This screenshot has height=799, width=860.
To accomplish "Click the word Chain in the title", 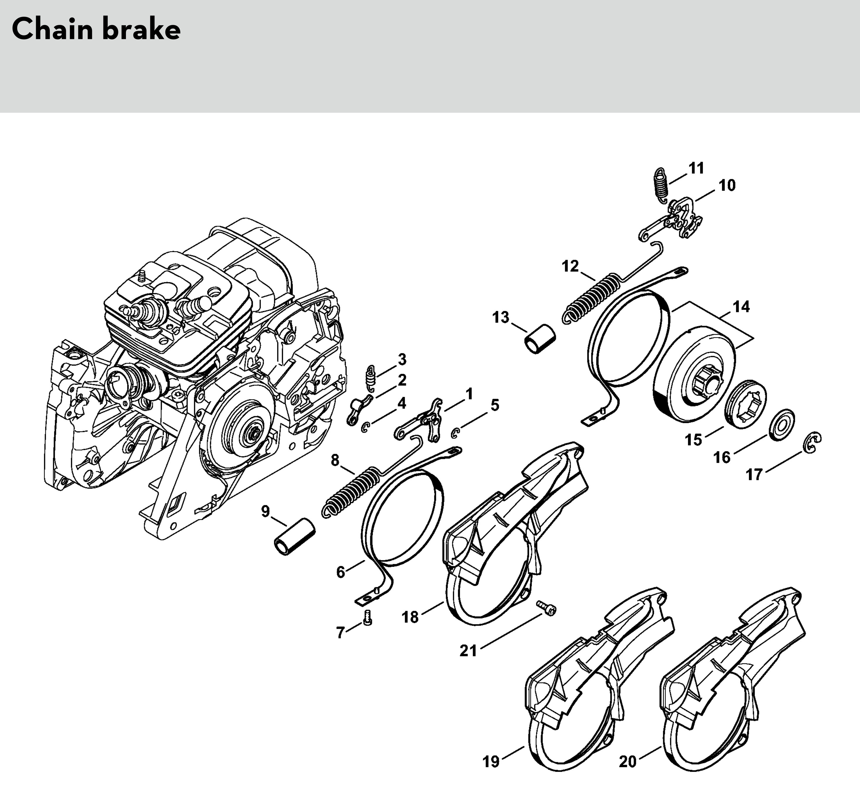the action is click(x=52, y=30).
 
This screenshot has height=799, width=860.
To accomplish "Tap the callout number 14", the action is click(x=741, y=307).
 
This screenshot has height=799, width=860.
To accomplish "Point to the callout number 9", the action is click(x=265, y=511).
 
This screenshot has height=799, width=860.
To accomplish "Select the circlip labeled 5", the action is click(x=455, y=432).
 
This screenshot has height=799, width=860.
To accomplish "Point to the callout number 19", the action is click(x=491, y=762).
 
